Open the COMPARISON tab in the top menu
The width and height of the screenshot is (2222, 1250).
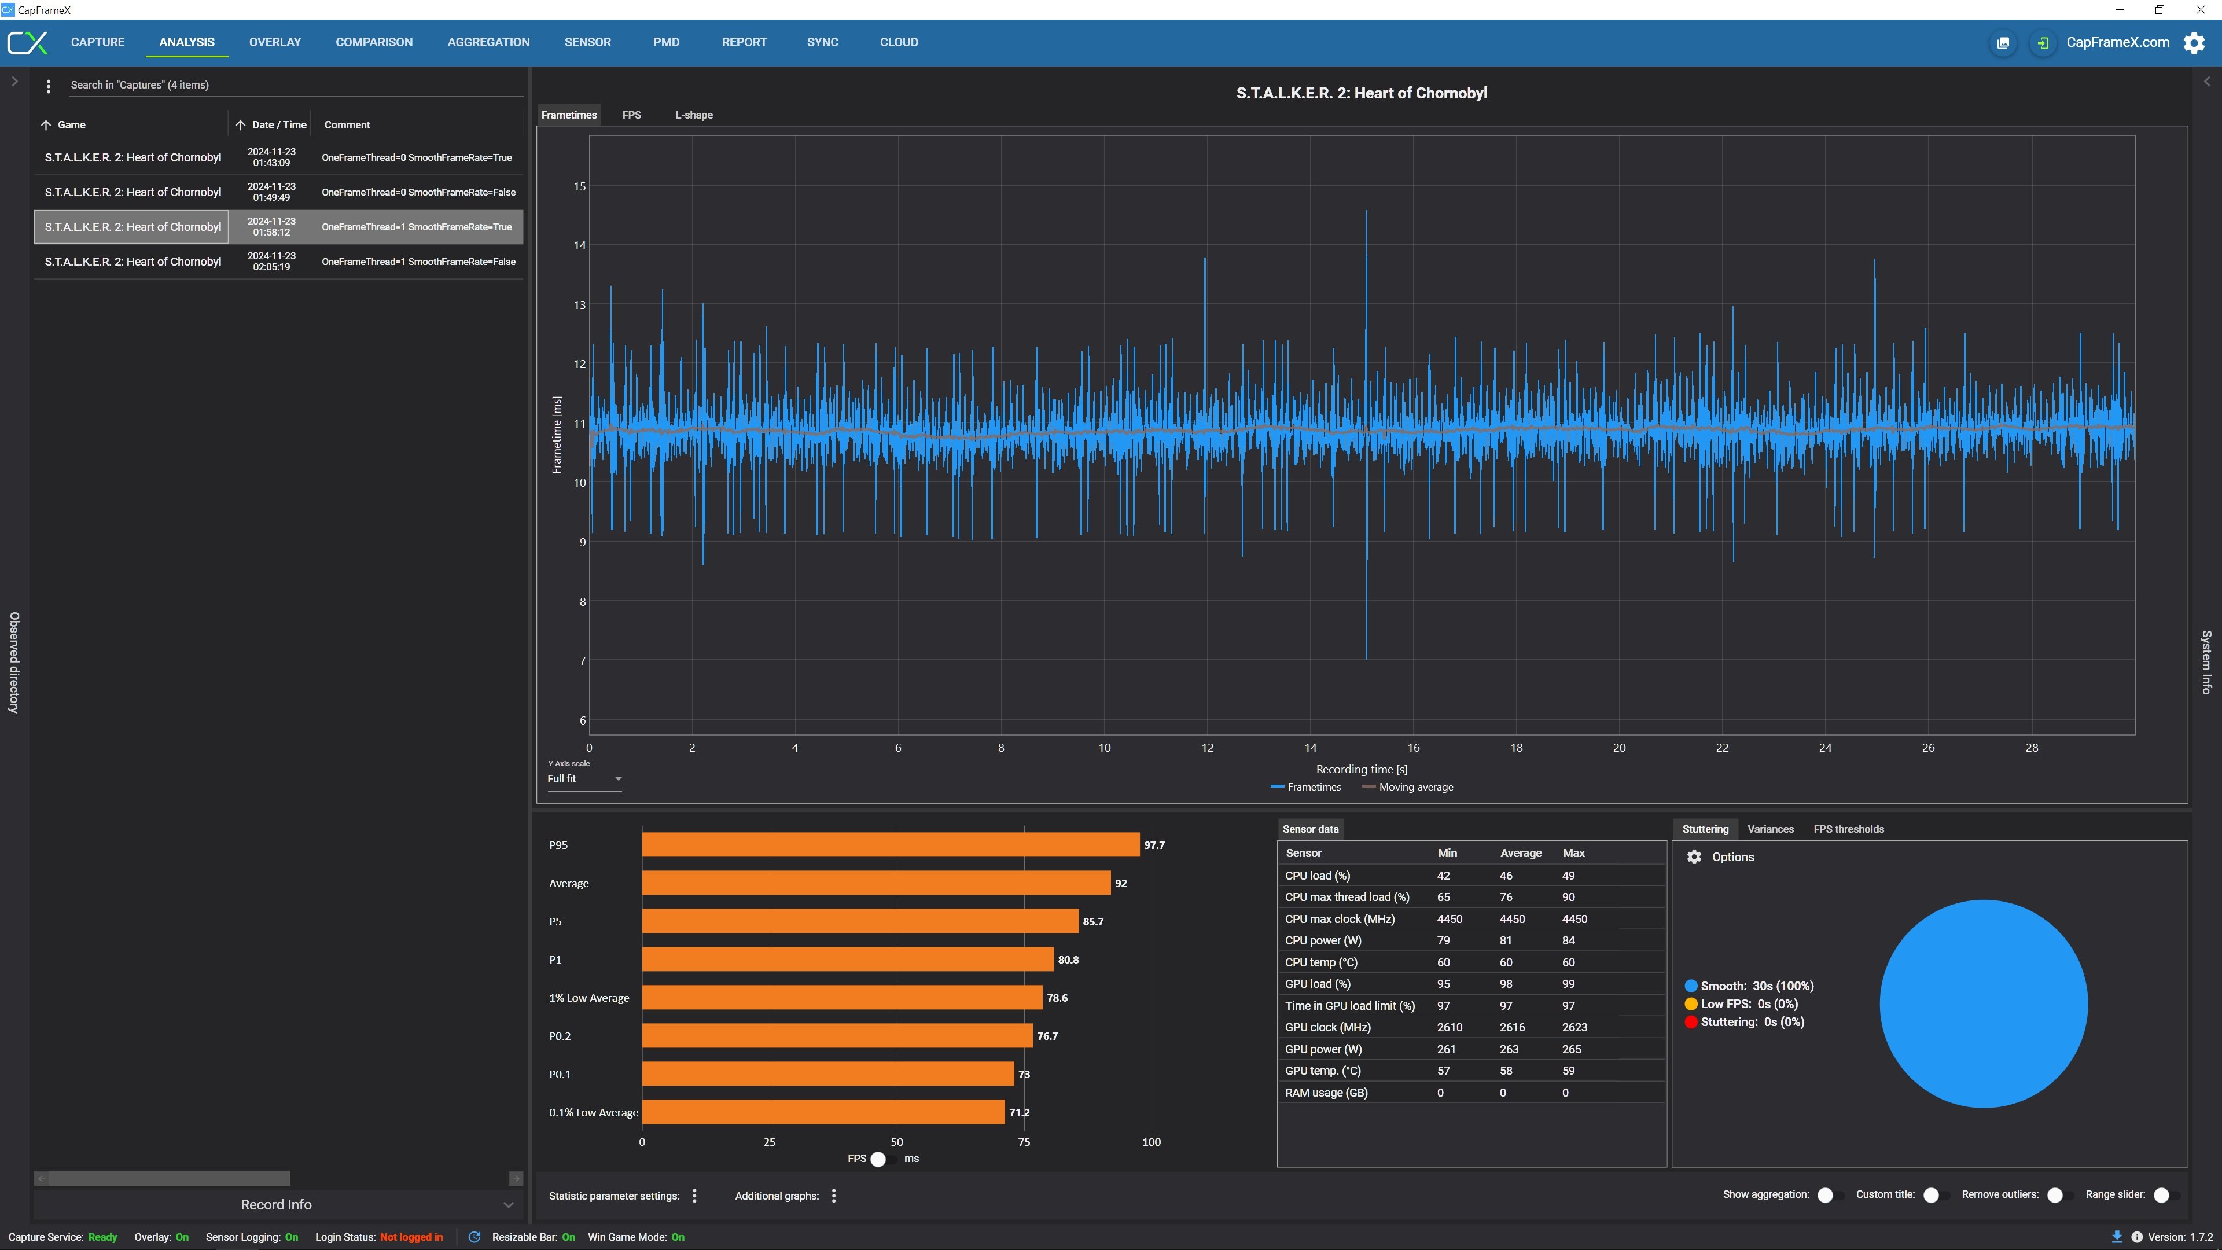click(373, 42)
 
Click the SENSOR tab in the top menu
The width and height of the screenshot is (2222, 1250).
click(587, 42)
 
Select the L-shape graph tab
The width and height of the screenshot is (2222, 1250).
click(694, 115)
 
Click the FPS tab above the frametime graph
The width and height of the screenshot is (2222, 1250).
click(631, 115)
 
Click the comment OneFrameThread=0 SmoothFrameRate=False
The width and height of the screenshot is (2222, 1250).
click(418, 192)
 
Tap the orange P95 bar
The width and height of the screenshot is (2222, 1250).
click(890, 844)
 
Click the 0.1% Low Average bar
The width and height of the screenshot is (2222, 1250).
click(823, 1112)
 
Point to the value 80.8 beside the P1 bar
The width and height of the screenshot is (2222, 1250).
click(1068, 959)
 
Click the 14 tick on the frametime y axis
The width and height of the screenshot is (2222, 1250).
click(580, 246)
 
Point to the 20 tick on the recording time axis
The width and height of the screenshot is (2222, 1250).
click(1619, 748)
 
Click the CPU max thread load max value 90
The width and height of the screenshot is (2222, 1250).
click(1568, 897)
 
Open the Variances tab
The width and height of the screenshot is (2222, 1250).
click(1770, 829)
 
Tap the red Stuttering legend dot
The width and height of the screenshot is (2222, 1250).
click(1691, 1022)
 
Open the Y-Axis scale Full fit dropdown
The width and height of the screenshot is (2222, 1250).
click(584, 779)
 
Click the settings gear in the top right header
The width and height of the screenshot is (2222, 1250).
click(2194, 42)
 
